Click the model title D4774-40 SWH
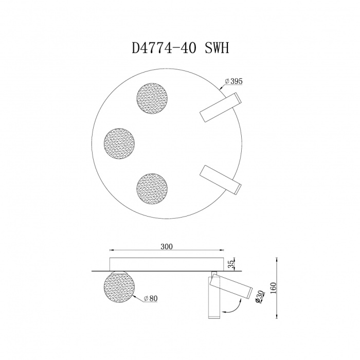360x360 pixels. [180, 48]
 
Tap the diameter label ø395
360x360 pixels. [234, 81]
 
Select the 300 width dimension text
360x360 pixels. [166, 246]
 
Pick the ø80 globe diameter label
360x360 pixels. [151, 298]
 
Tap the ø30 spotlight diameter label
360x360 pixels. [261, 297]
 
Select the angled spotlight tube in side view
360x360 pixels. [232, 287]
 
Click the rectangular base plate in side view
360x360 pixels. [166, 262]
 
